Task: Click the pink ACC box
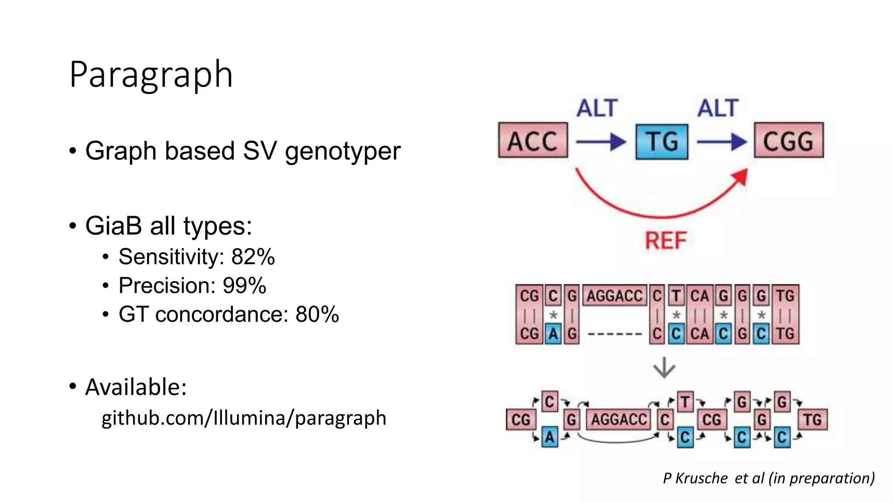pos(533,141)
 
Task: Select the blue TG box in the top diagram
pos(661,142)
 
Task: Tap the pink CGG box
pos(788,141)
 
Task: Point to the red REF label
pos(665,241)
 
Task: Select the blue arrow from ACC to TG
pos(601,142)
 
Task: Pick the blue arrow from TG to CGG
pos(722,142)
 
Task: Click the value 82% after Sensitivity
pos(253,257)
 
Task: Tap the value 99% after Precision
pos(244,286)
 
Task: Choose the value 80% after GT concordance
pos(317,314)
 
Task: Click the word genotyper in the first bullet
pos(342,151)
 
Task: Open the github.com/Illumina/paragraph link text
pos(244,418)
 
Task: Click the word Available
pos(136,387)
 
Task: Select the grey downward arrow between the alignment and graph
pos(664,368)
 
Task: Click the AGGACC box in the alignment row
pos(614,296)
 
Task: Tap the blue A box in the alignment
pos(553,334)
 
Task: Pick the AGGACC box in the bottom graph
pos(618,420)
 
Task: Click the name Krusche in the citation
pos(701,478)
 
